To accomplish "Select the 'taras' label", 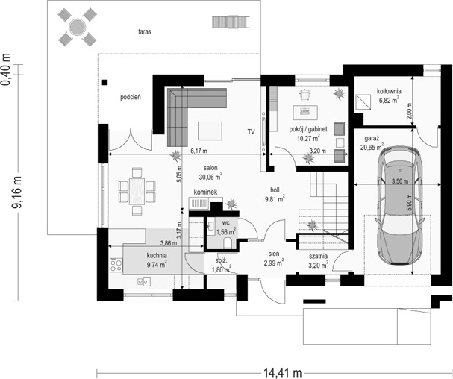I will pyautogui.click(x=145, y=32).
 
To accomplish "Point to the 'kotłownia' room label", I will pyautogui.click(x=389, y=90).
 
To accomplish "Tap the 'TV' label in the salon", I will pyautogui.click(x=251, y=133).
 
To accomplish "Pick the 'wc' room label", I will pyautogui.click(x=225, y=222).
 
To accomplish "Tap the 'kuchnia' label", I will pyautogui.click(x=157, y=255).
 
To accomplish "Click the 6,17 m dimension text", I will pyautogui.click(x=199, y=150).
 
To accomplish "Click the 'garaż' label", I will pyautogui.click(x=372, y=139).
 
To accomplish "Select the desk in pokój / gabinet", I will pyautogui.click(x=306, y=112).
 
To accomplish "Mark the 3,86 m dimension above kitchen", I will pyautogui.click(x=148, y=243).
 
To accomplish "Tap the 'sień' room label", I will pyautogui.click(x=274, y=254).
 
